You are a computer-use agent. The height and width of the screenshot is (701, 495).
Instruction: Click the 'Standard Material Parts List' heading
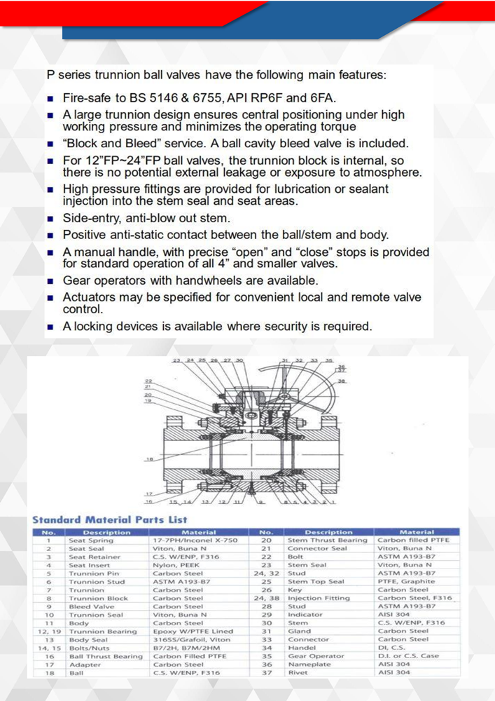[110, 519]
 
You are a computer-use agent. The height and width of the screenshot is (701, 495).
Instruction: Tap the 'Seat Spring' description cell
[91, 540]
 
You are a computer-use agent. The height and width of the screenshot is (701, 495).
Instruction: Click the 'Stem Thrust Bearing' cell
[328, 540]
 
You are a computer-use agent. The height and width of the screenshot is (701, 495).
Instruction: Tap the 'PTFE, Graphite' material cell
[407, 582]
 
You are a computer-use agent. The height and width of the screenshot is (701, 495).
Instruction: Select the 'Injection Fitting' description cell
[319, 599]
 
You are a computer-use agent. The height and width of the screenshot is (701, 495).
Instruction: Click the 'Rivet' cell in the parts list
[298, 673]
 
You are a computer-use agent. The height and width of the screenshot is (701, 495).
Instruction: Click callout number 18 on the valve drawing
[149, 459]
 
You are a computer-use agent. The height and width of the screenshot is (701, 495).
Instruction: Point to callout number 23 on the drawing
[177, 360]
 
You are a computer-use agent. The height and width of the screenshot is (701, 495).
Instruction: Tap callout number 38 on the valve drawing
[342, 381]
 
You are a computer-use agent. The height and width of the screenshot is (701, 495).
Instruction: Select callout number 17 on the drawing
[148, 494]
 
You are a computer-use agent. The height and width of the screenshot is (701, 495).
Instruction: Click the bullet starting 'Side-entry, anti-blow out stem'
[146, 219]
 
